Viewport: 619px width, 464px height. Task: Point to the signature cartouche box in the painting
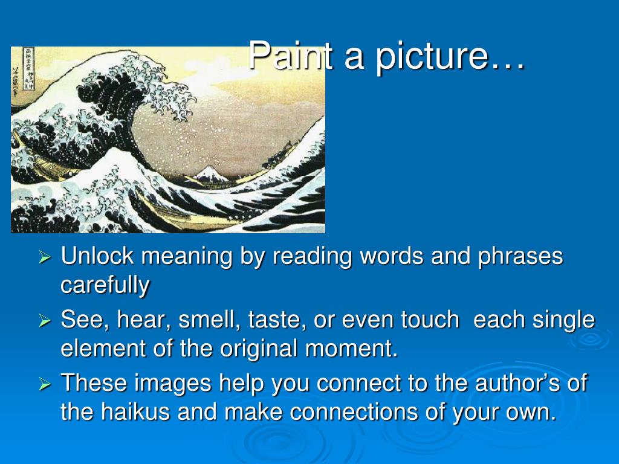point(28,69)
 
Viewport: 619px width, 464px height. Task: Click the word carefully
point(105,285)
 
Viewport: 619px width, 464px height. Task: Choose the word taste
point(277,320)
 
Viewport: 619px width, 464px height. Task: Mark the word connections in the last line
point(353,412)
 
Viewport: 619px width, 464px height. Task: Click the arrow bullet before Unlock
point(45,258)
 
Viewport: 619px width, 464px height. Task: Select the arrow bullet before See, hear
point(45,321)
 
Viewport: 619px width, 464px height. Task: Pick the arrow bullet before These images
point(45,384)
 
